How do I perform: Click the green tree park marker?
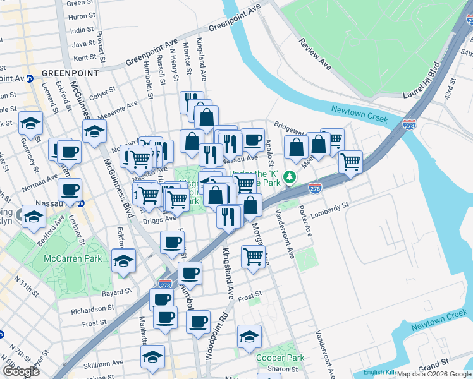click(x=290, y=177)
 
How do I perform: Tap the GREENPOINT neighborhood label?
click(x=70, y=73)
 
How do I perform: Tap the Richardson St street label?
click(x=92, y=310)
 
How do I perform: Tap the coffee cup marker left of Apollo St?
click(x=253, y=139)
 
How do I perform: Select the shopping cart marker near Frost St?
click(x=253, y=256)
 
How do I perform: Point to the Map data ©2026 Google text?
click(x=434, y=374)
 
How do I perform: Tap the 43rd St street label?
click(x=450, y=90)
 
